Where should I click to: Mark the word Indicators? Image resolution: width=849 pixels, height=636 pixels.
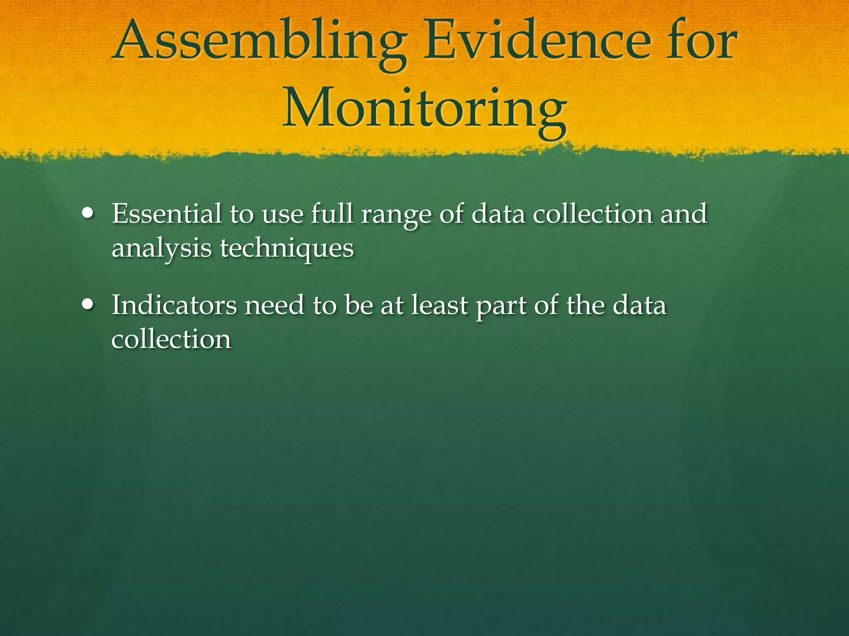174,306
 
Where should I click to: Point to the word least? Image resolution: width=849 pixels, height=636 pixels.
439,306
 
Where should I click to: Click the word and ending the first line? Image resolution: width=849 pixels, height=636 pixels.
684,214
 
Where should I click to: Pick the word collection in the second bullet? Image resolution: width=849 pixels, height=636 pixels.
171,340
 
